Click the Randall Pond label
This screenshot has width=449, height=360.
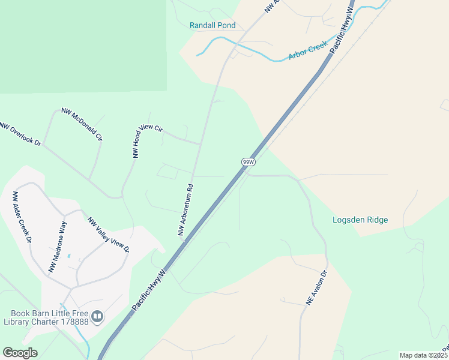(212, 26)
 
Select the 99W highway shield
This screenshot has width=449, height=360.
(249, 162)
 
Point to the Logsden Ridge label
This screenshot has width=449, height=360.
(360, 220)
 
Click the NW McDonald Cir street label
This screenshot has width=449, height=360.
(82, 125)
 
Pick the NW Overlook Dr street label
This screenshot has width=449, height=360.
(21, 134)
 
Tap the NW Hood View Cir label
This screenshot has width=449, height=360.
(147, 141)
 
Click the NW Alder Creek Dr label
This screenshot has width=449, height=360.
(22, 217)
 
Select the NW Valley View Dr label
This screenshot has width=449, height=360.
(109, 235)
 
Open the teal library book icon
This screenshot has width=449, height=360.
(97, 316)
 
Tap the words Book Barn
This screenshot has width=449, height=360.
(30, 313)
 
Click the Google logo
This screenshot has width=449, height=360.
(20, 353)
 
